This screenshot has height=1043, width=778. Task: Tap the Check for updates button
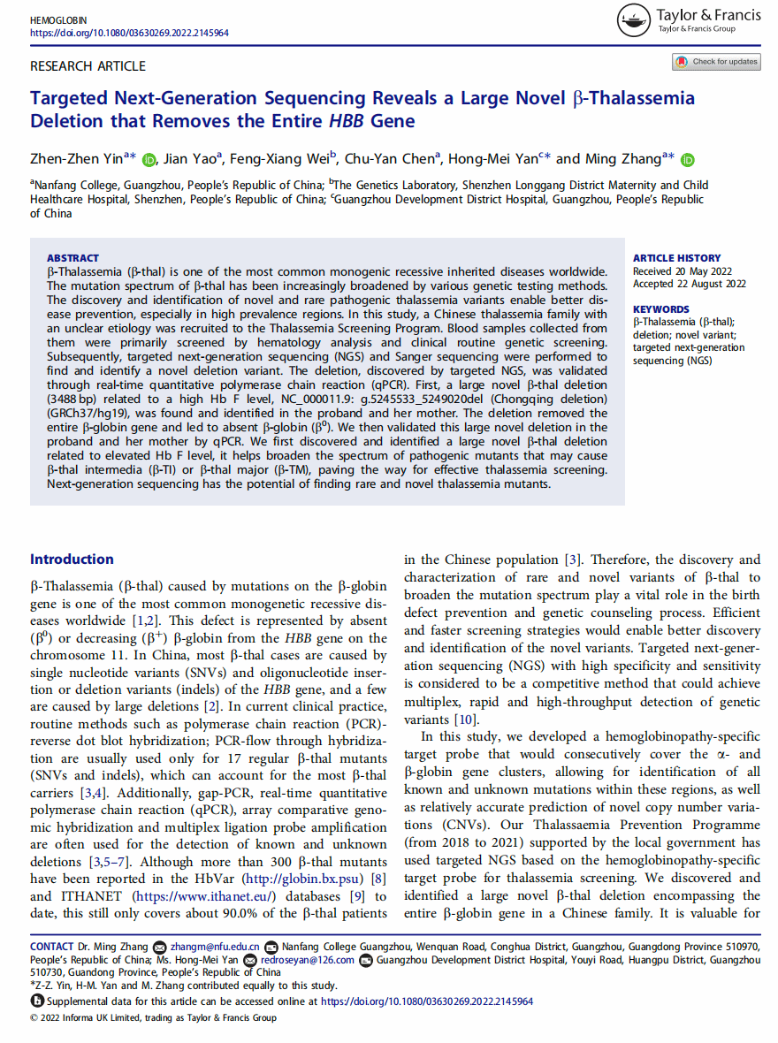[717, 62]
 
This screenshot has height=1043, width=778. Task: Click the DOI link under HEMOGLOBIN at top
[129, 32]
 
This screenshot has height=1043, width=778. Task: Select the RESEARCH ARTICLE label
[88, 66]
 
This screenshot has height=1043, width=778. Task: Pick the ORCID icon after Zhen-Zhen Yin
[148, 160]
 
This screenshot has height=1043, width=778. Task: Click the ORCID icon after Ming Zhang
[688, 160]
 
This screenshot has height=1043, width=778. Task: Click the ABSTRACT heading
[72, 258]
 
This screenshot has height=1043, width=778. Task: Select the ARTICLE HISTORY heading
[676, 258]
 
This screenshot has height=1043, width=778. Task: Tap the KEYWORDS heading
[660, 309]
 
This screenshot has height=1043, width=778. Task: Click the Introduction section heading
[72, 559]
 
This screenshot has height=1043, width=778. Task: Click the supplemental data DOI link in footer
[426, 1001]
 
